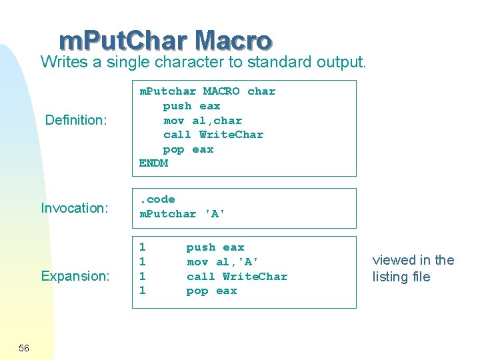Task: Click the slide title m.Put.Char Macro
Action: click(x=165, y=41)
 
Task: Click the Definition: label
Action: click(x=76, y=121)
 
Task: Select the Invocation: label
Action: click(x=75, y=208)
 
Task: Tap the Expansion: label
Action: click(x=75, y=276)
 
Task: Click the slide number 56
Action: click(x=24, y=348)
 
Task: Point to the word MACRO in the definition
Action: click(x=221, y=91)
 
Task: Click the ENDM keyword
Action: click(x=153, y=163)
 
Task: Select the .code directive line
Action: click(x=157, y=199)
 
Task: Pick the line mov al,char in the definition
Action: click(x=203, y=121)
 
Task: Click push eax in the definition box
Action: click(x=191, y=106)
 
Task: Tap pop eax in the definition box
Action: click(x=188, y=149)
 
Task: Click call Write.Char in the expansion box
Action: click(x=237, y=276)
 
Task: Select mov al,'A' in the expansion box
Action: click(x=223, y=262)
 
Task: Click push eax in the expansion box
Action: click(x=215, y=247)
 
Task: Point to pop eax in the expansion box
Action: click(x=211, y=291)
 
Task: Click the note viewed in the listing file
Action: click(x=413, y=269)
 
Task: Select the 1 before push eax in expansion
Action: click(x=142, y=247)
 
